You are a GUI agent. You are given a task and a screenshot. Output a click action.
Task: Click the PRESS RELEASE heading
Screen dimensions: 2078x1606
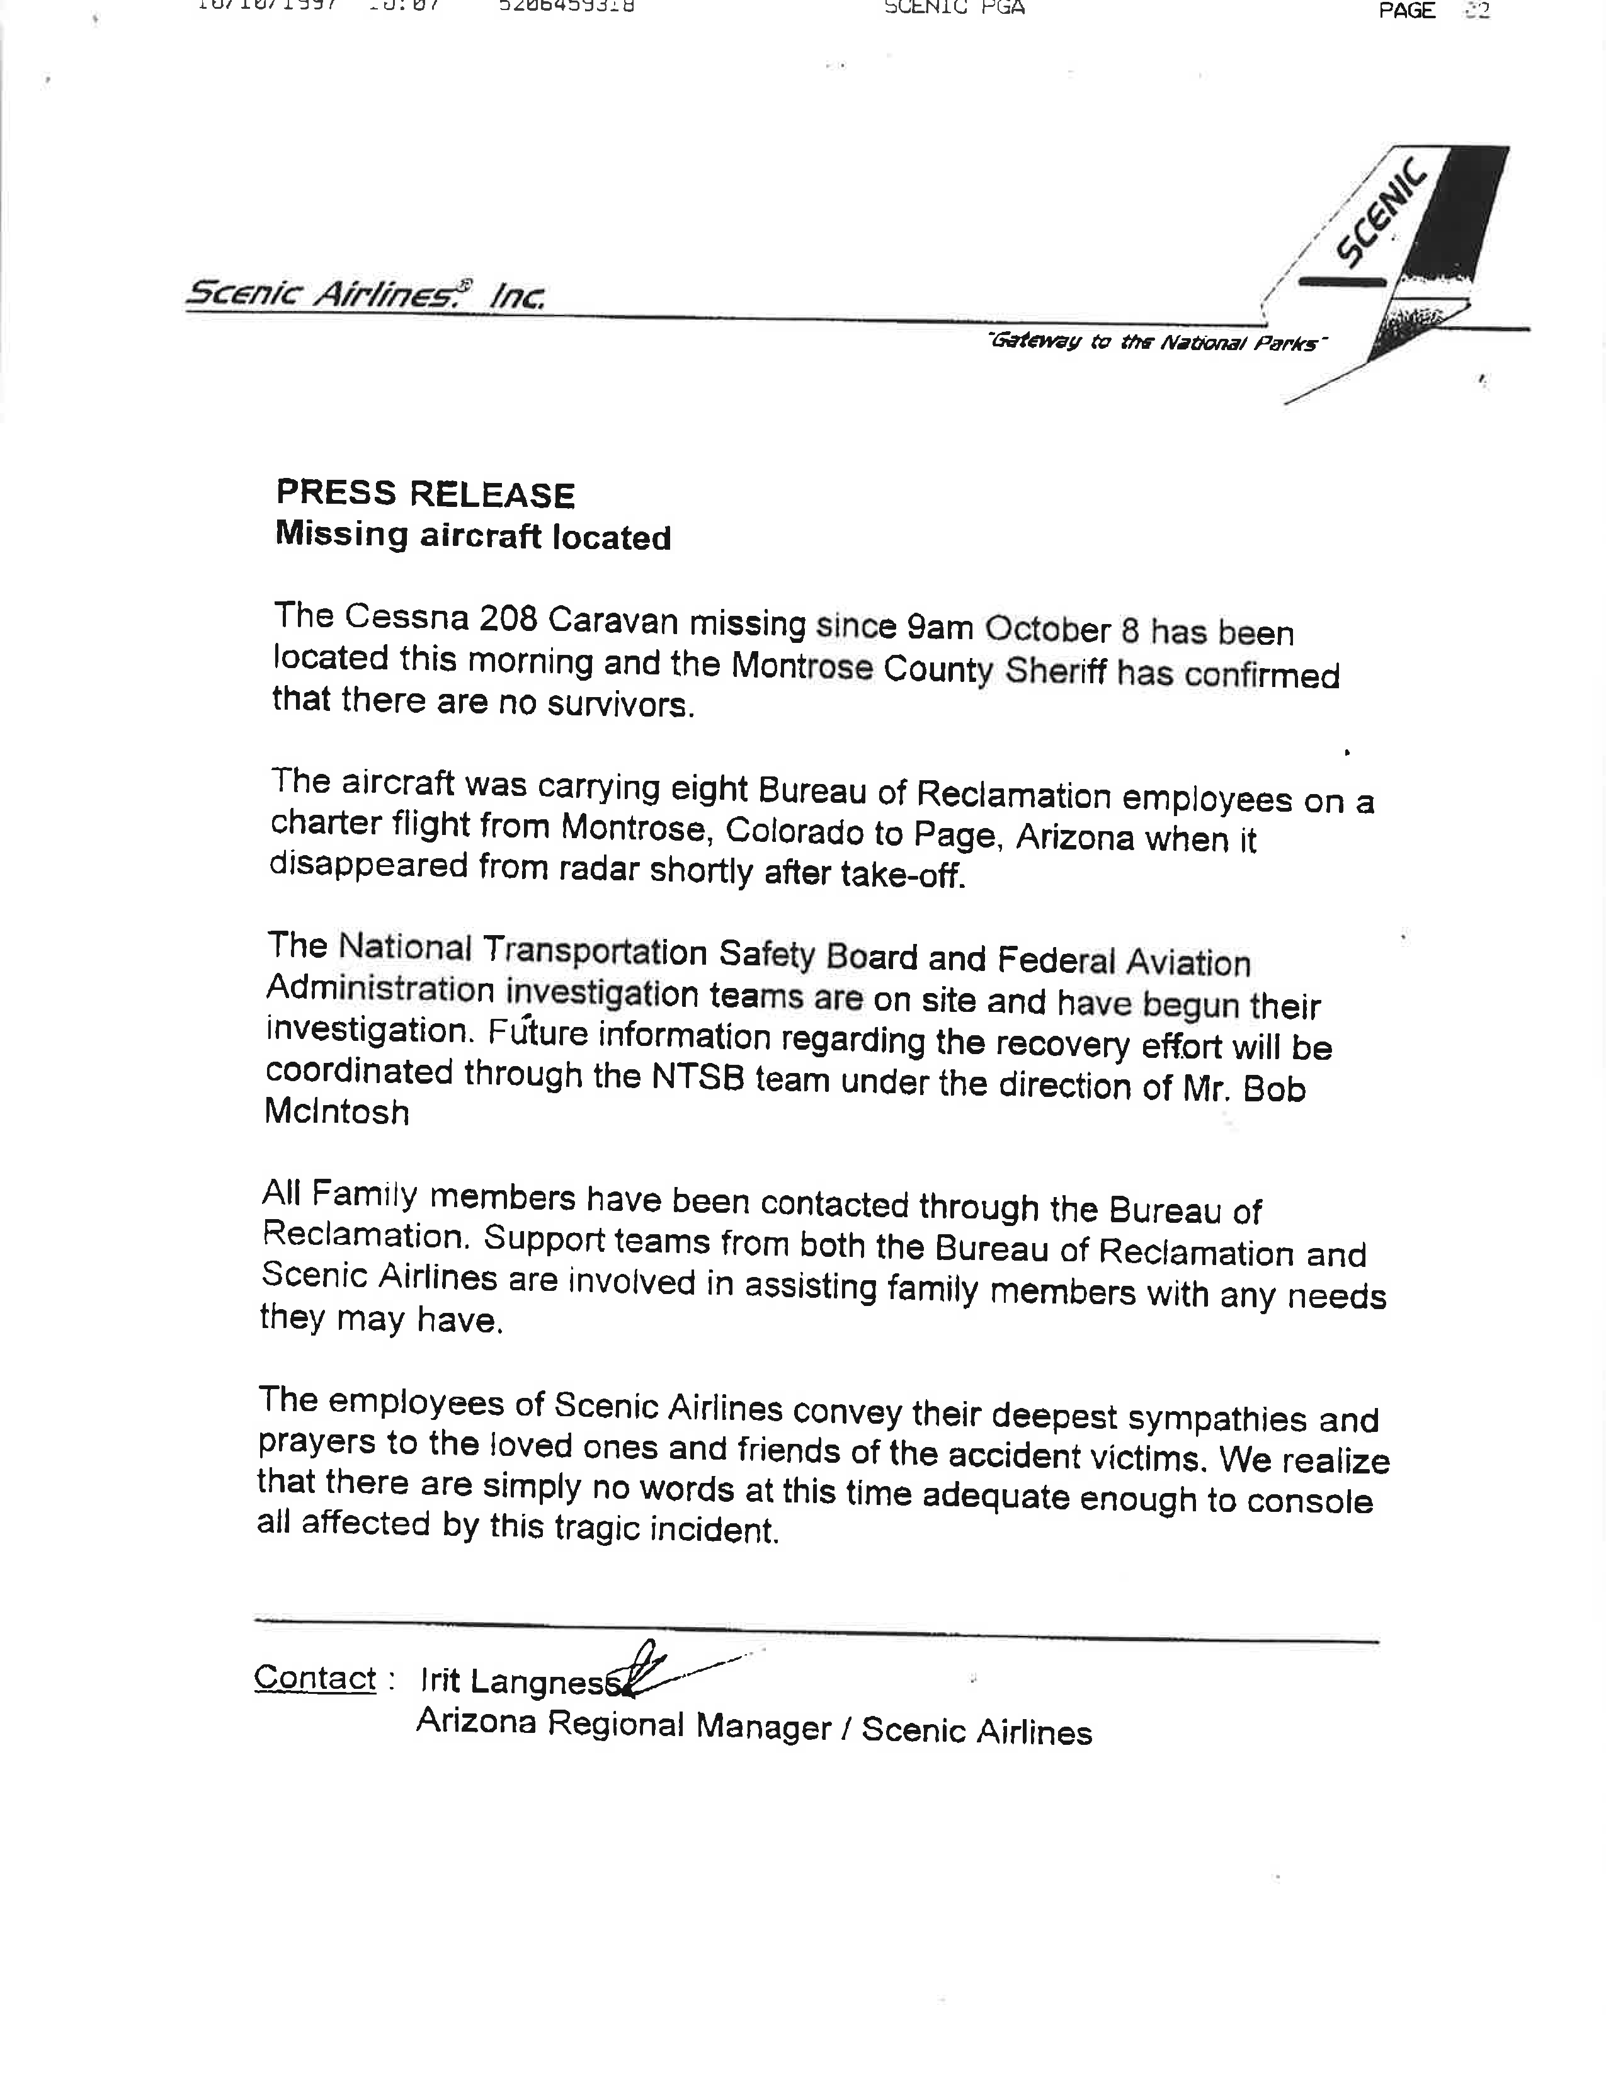pos(425,494)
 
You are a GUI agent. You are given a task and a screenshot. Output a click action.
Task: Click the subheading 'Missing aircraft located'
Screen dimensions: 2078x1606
pos(473,536)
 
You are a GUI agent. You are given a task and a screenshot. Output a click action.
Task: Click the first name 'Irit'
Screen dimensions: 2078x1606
pos(440,1680)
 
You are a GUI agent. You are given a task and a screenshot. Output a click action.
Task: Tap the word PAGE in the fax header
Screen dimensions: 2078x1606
pos(1406,11)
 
